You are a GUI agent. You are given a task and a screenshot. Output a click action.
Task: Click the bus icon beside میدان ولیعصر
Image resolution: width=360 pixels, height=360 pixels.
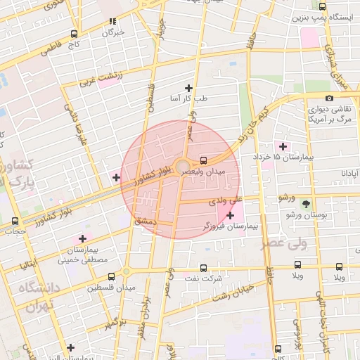[x=203, y=160]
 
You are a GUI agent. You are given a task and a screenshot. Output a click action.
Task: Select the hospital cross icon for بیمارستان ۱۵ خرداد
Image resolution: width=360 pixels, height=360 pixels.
[x=283, y=146]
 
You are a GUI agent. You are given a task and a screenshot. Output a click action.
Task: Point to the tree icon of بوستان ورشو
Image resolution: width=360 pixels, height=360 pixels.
[x=307, y=203]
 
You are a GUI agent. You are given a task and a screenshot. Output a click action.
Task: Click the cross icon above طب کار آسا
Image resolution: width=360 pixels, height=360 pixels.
[x=188, y=88]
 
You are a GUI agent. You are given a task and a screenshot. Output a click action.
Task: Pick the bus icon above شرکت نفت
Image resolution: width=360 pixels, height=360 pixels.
[x=203, y=268]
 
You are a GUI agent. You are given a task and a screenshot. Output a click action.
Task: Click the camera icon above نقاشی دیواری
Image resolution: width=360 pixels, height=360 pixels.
[x=329, y=98]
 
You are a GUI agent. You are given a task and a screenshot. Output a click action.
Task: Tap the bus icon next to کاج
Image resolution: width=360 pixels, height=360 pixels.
[x=75, y=34]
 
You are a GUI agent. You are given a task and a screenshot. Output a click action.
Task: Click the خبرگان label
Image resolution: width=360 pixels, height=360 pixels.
[x=112, y=32]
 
